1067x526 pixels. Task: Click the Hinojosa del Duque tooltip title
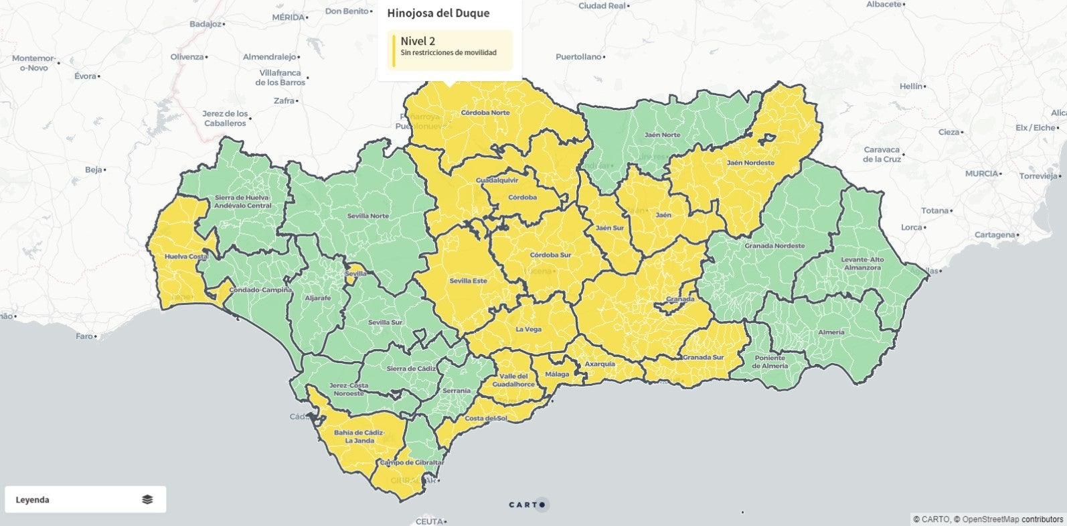coord(438,13)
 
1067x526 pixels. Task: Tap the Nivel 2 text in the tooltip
coord(418,41)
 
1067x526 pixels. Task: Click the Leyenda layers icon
coord(147,499)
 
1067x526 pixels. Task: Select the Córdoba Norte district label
coord(485,113)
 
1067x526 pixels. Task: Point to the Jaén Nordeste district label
coord(750,163)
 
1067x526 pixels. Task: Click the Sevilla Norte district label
coord(368,216)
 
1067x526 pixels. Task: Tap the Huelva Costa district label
coord(186,257)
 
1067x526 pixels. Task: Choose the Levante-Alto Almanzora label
coord(862,263)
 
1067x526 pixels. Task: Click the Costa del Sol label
coord(486,418)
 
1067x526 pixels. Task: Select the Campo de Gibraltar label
coord(412,462)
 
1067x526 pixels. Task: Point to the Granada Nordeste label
coord(774,246)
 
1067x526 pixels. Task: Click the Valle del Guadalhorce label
coord(513,380)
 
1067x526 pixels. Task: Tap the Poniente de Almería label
coord(770,362)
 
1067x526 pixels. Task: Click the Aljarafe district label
coord(317,298)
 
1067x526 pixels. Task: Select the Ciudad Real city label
coord(602,5)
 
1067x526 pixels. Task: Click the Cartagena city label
coord(995,235)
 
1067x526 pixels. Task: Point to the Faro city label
coord(84,336)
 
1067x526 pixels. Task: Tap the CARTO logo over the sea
coord(527,505)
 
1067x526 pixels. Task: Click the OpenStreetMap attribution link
coord(991,519)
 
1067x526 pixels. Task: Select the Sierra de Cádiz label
coord(411,369)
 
